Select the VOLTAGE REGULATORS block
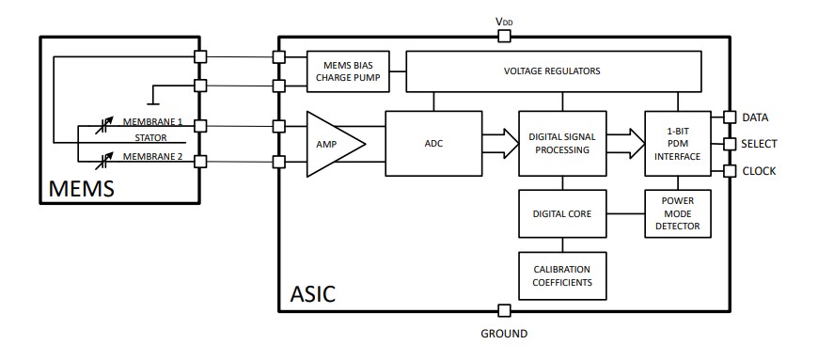pyautogui.click(x=553, y=71)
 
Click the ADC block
pyautogui.click(x=433, y=144)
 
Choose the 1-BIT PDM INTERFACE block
pyautogui.click(x=677, y=143)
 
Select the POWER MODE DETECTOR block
pyautogui.click(x=677, y=213)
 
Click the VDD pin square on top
pyautogui.click(x=504, y=36)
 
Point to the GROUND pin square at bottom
pyautogui.click(x=504, y=310)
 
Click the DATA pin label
pyautogui.click(x=756, y=117)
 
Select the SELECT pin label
pyautogui.click(x=760, y=144)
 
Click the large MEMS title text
pyautogui.click(x=82, y=188)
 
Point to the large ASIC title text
pyautogui.click(x=310, y=294)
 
